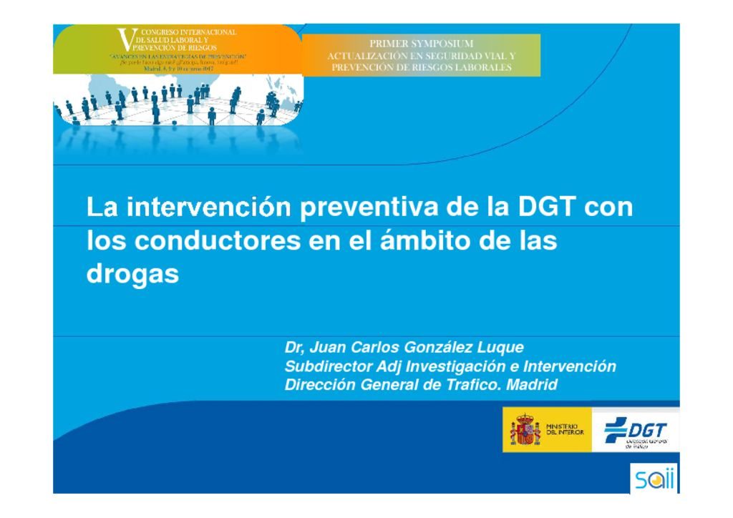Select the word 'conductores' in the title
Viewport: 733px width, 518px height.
point(218,241)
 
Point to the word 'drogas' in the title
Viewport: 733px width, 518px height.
point(132,275)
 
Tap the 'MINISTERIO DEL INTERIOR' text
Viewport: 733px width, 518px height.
point(565,430)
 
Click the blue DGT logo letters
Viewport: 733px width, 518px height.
point(647,430)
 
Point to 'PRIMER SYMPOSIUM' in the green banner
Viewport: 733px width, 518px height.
point(421,44)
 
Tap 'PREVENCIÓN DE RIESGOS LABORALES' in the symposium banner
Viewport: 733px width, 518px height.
point(421,67)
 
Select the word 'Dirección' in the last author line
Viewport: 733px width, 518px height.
point(318,386)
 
